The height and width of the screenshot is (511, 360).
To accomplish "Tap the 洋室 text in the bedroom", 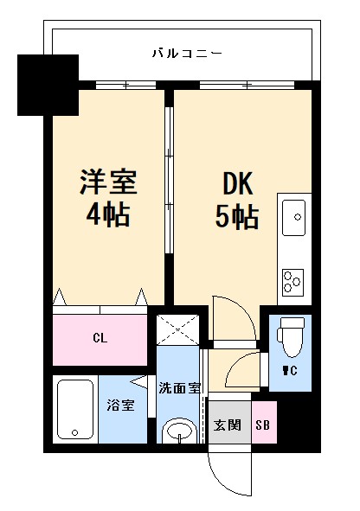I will (x=109, y=183).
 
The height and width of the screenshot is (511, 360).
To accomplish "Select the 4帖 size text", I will (x=109, y=214).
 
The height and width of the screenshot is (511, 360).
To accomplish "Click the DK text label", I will (x=235, y=184).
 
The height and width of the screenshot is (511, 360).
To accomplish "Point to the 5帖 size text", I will (x=235, y=216).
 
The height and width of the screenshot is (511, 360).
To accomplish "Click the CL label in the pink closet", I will (x=100, y=338).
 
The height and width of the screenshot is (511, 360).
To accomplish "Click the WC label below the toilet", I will (x=287, y=373).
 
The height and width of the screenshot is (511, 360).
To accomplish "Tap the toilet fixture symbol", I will (x=289, y=338).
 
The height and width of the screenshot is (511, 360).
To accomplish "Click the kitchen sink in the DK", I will (x=294, y=215).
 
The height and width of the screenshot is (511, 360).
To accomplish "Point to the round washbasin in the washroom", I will (x=179, y=429).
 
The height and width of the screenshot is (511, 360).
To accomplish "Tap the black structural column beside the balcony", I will (x=48, y=85).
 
